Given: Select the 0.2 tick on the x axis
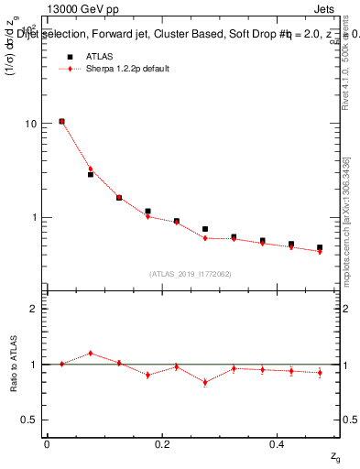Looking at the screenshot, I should [x=162, y=443].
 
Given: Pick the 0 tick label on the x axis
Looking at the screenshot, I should [x=47, y=443].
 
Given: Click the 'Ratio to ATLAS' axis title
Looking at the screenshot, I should [x=13, y=364].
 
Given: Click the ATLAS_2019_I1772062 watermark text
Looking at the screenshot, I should [x=191, y=273].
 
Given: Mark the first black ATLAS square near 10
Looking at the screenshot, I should [x=61, y=121].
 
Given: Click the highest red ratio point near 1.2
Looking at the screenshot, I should [x=91, y=353].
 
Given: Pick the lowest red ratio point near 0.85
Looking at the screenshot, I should [x=205, y=382].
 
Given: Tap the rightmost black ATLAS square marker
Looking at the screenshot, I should [x=320, y=247].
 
